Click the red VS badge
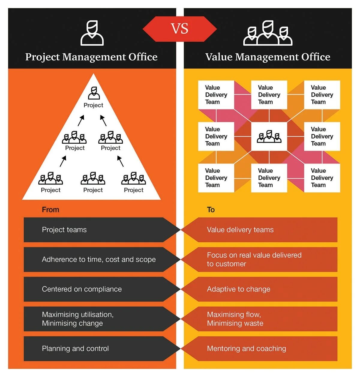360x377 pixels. pos(179,29)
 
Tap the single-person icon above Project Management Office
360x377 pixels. pos(92,33)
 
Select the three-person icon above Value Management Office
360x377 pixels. pos(268,33)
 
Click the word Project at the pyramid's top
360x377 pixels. pos(93,105)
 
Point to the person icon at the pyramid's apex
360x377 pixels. pos(94,93)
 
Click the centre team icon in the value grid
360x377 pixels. pos(269,136)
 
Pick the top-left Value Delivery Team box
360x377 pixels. pos(216,95)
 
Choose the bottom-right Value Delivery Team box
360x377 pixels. pos(322,178)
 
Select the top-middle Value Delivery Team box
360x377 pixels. pos(269,95)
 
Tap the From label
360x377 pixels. pos(50,210)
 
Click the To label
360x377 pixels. pos(211,210)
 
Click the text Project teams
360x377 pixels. pos(64,230)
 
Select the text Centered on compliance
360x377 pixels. pos(82,289)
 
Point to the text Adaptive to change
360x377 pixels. pos(238,289)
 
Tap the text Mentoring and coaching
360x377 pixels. pos(246,349)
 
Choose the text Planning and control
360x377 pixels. pos(75,349)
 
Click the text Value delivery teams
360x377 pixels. pos(240,230)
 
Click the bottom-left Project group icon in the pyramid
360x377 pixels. pos(51,178)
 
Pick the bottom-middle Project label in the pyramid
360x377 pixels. pos(93,190)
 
